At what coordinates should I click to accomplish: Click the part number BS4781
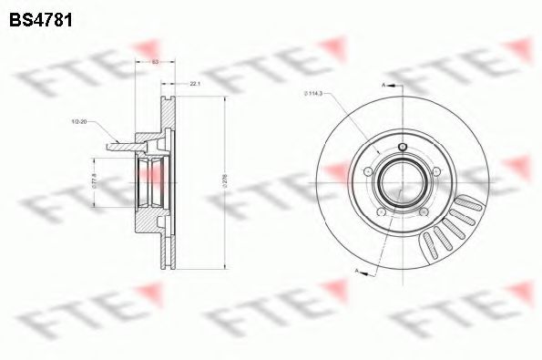(41, 17)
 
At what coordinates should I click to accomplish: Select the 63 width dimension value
(155, 61)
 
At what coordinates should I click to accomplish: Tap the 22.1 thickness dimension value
(195, 84)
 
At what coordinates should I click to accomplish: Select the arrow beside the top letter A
(394, 84)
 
